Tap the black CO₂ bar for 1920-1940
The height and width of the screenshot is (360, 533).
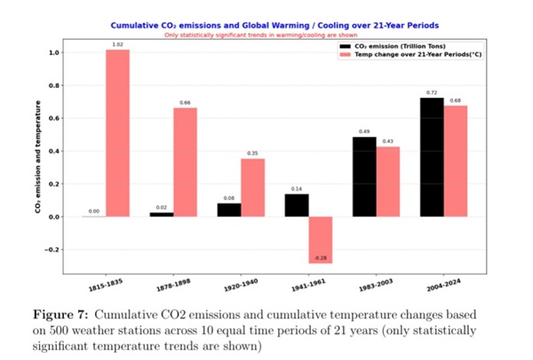click(229, 210)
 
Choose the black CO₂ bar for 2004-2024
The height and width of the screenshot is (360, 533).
click(433, 157)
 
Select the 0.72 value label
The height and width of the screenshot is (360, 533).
click(433, 92)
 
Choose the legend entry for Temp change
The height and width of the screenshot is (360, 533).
click(415, 53)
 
